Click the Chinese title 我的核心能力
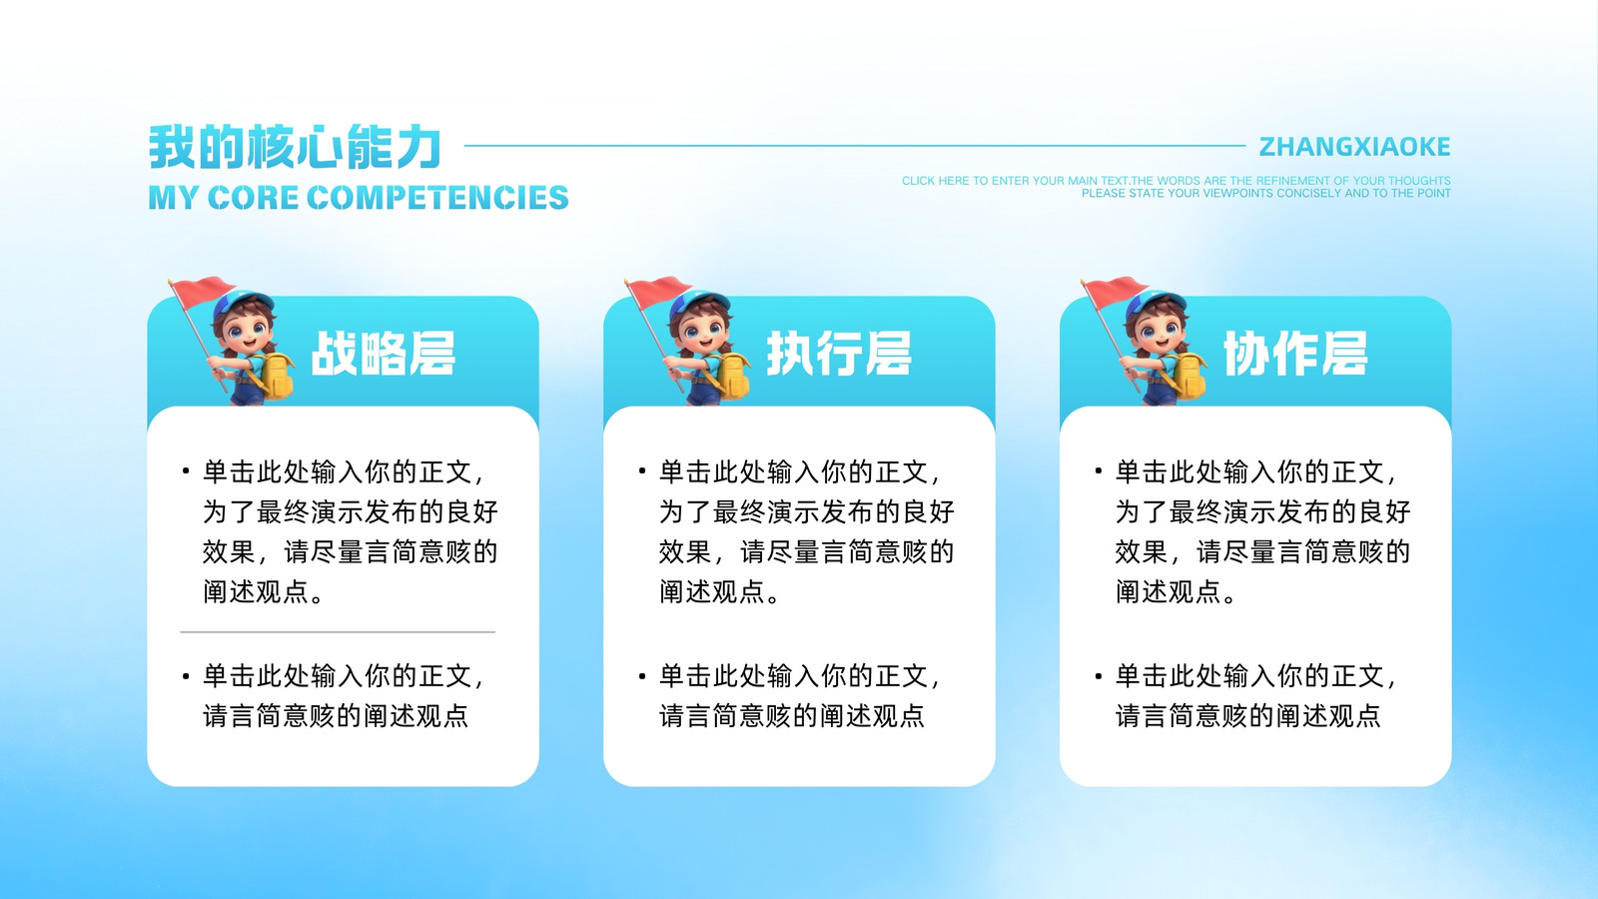pos(295,146)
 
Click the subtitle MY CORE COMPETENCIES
pos(359,198)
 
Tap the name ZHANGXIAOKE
pos(1354,146)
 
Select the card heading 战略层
pos(384,354)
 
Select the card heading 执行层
pos(839,354)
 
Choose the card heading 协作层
pos(1295,354)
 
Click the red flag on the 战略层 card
pos(202,291)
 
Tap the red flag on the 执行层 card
pos(658,291)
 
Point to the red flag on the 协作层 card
pos(1115,291)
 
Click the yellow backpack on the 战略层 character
pos(276,376)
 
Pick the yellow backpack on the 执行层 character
pos(733,376)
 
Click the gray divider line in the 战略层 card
pos(338,632)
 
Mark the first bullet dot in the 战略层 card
pos(186,470)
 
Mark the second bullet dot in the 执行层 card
pos(642,675)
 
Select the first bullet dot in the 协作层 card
pos(1099,470)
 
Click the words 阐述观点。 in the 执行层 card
pos(719,592)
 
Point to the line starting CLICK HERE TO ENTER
pos(1177,181)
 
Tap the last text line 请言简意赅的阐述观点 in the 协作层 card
pos(1248,715)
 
